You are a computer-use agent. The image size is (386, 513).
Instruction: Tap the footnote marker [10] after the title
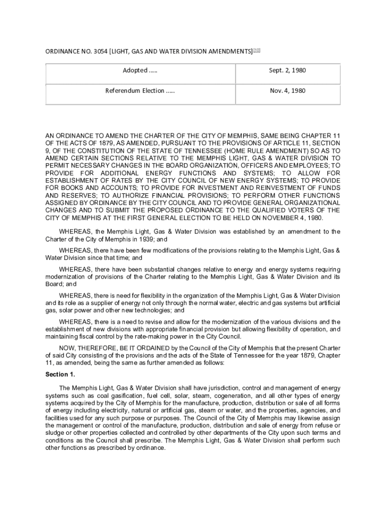257,50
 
